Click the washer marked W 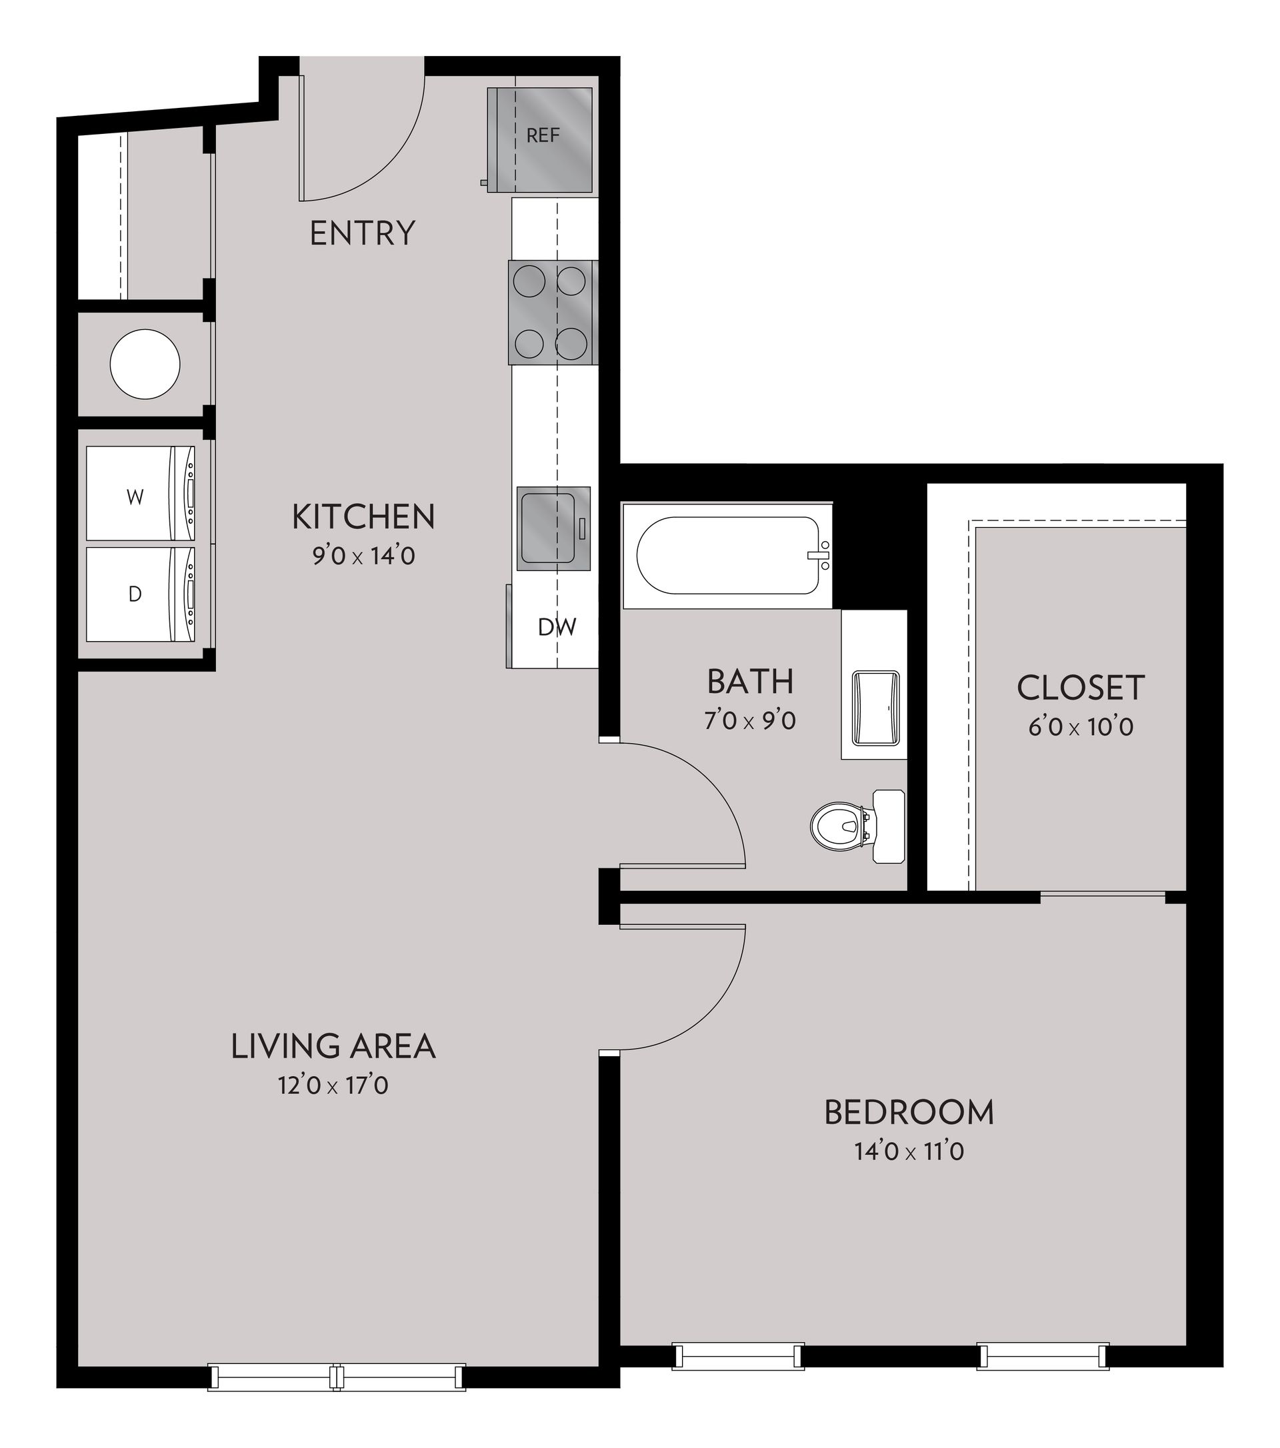coord(139,496)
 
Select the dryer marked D coord(139,594)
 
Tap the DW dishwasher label coord(557,627)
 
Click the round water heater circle coord(145,364)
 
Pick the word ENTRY coord(362,233)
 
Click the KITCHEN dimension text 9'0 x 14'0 coord(363,556)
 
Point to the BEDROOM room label coord(909,1112)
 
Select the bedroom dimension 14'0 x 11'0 coord(909,1152)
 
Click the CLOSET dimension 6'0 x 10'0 coord(1081,727)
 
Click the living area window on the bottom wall coord(337,1377)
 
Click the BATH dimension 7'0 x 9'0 coord(750,720)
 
